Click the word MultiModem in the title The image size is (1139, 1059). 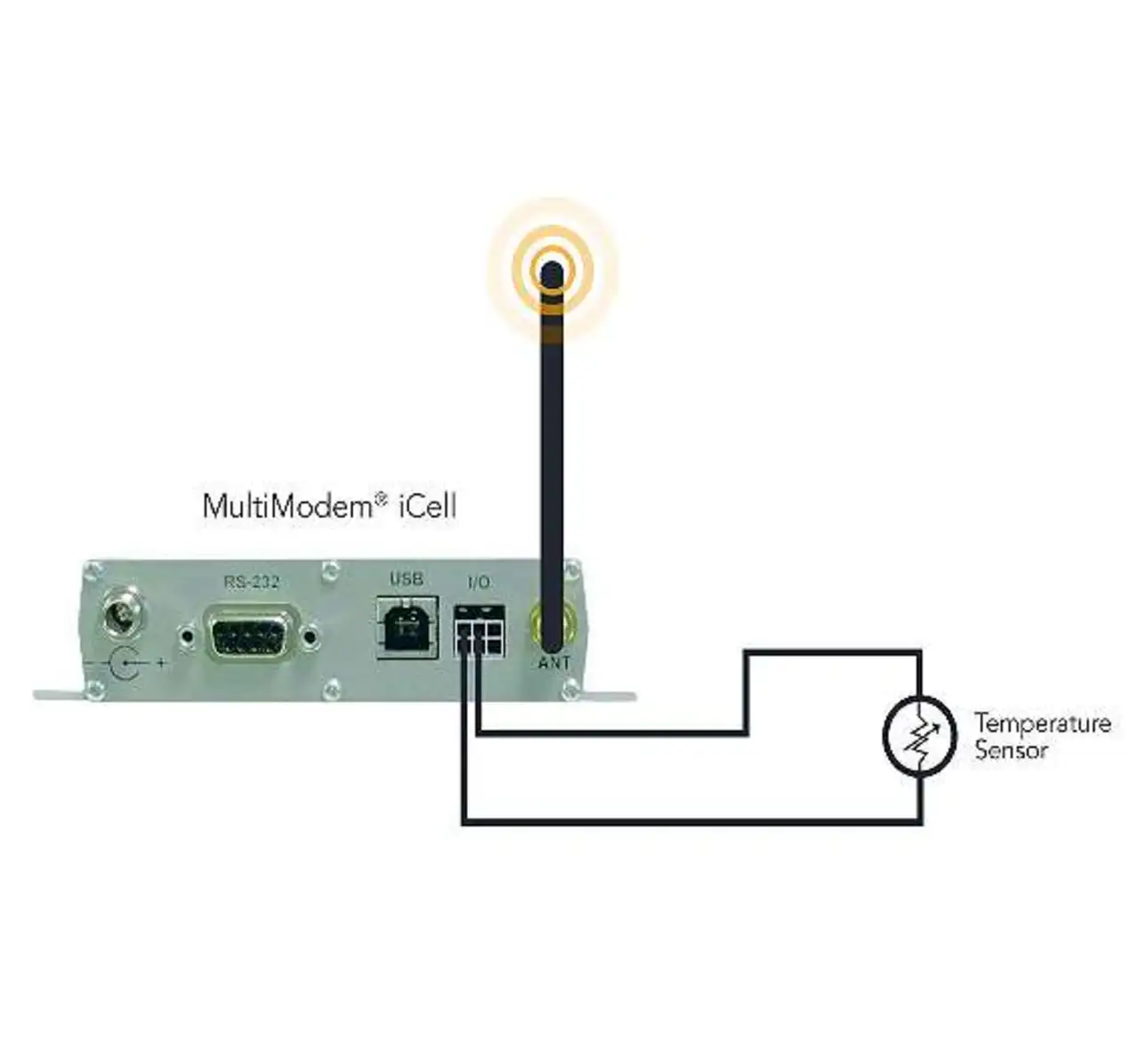coord(287,506)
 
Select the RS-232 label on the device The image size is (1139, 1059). coord(251,582)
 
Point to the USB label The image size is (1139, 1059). coord(406,579)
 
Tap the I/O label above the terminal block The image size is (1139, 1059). coord(478,583)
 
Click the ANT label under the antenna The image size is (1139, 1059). coord(553,663)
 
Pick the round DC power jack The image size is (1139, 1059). coord(120,613)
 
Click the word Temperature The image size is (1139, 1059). coord(1042,723)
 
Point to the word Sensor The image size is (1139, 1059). coord(1011,750)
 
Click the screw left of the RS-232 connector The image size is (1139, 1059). coord(188,635)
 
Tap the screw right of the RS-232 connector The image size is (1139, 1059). coord(310,635)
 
